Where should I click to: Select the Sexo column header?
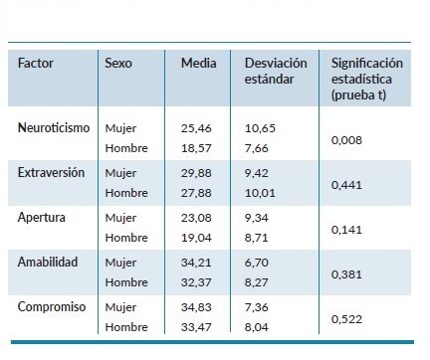[x=118, y=64]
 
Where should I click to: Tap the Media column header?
[x=198, y=64]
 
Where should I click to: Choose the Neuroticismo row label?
[x=54, y=127]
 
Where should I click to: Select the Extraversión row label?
[x=52, y=172]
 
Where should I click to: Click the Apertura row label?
[x=41, y=217]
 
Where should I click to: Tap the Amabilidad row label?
[x=47, y=262]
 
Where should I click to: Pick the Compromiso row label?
[x=50, y=306]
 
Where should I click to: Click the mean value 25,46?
[x=197, y=128]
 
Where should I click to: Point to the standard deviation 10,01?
[x=261, y=193]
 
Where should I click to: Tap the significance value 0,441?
[x=346, y=184]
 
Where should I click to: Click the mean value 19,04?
[x=197, y=238]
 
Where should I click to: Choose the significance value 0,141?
[x=346, y=228]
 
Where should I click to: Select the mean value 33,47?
[x=197, y=327]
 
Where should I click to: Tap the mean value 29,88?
[x=197, y=173]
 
